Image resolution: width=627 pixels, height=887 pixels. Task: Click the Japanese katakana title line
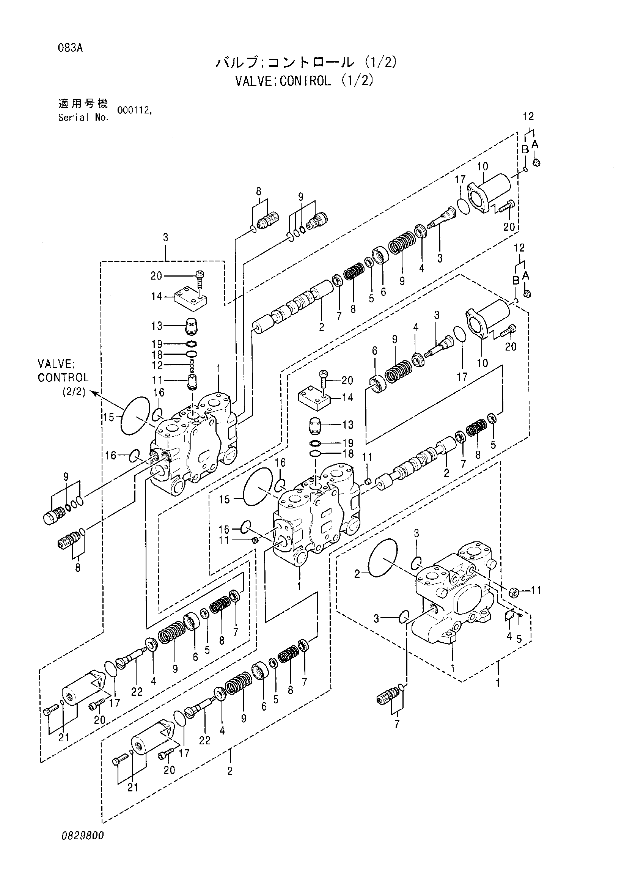pos(306,62)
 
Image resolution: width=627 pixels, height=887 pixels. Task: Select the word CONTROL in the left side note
pos(63,377)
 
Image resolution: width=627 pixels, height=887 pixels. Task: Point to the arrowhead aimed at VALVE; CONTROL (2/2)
pos(93,393)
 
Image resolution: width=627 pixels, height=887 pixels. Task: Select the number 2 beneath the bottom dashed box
pos(230,781)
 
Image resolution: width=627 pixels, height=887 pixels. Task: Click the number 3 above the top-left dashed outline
pos(165,237)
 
